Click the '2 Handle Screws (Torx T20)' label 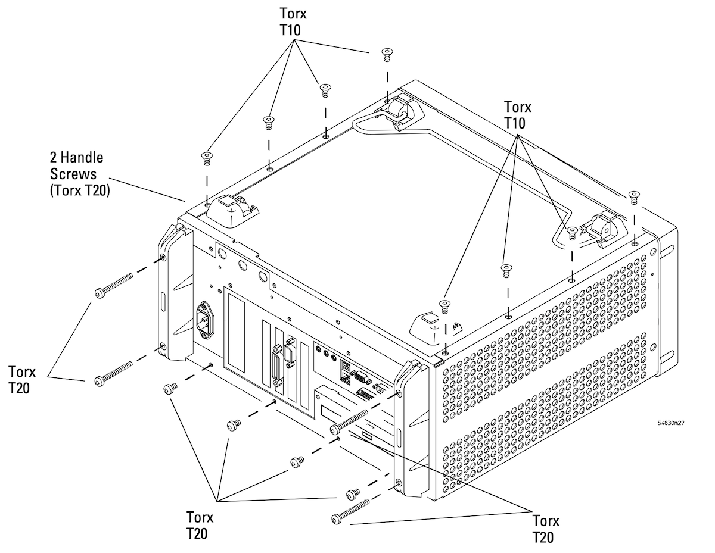pyautogui.click(x=80, y=174)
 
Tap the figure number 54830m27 pyautogui.click(x=671, y=423)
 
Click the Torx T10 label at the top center pyautogui.click(x=293, y=21)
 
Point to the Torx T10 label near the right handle pyautogui.click(x=518, y=115)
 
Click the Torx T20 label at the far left pyautogui.click(x=21, y=380)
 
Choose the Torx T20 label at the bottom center pyautogui.click(x=200, y=526)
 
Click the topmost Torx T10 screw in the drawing pyautogui.click(x=387, y=55)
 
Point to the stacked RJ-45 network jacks pyautogui.click(x=345, y=371)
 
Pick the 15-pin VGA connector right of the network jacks pyautogui.click(x=361, y=377)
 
